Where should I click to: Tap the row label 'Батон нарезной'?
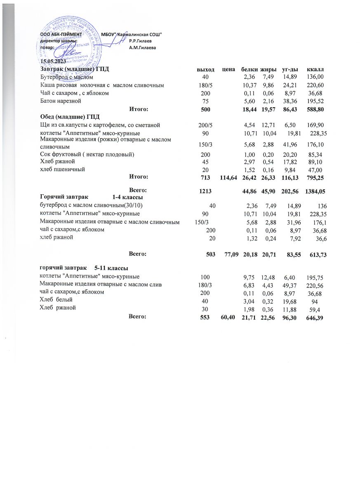click(x=60, y=101)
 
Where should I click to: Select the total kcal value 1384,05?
click(x=315, y=191)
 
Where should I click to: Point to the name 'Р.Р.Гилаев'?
click(x=140, y=41)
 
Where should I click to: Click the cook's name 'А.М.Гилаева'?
click(x=142, y=48)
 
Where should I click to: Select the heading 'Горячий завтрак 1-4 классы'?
click(x=91, y=198)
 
